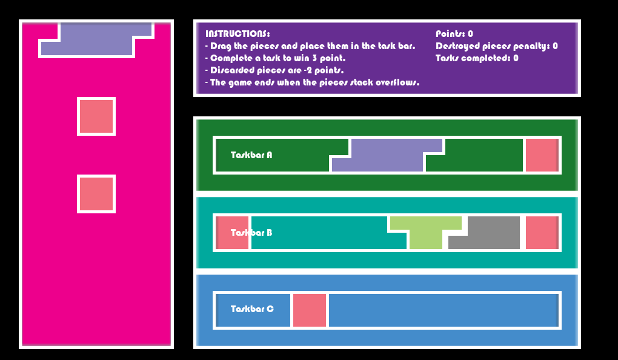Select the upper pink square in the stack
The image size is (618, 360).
coord(96,116)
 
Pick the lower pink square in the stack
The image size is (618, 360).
coord(96,194)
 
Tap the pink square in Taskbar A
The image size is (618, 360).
coord(541,155)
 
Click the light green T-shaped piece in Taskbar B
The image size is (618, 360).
coord(425,230)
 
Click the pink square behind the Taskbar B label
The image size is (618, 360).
coord(233,233)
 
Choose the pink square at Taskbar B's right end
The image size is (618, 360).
coord(541,233)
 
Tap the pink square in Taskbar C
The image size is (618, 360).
coord(310,310)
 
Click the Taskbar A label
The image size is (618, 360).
coord(251,155)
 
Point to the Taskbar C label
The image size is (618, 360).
coord(252,309)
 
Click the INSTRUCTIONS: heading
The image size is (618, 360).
coord(238,34)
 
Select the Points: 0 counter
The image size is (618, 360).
coord(454,34)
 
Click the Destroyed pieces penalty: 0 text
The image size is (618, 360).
coord(497,46)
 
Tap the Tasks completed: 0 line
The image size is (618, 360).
coord(477,58)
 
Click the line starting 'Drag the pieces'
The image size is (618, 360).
coord(310,46)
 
